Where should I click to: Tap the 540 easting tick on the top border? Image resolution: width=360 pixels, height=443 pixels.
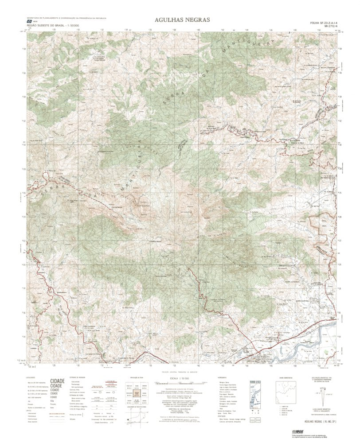pos(198,31)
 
